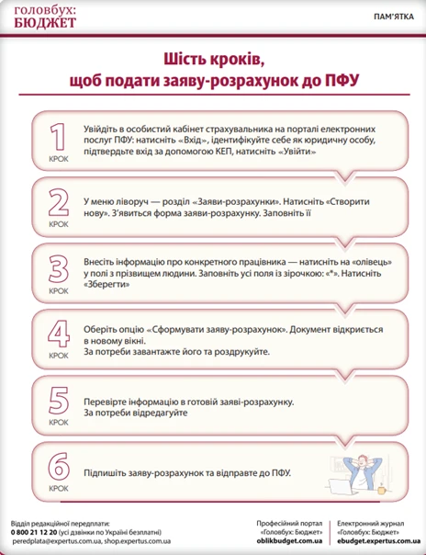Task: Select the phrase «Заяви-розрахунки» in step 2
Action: point(209,198)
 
